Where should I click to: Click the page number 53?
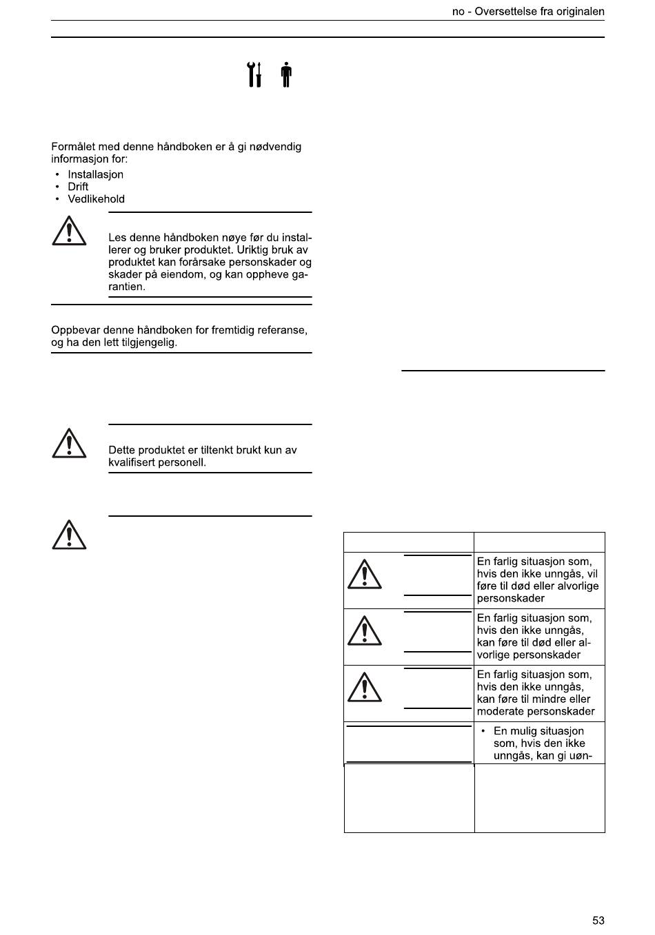[x=598, y=921]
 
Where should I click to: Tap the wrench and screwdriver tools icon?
[x=254, y=74]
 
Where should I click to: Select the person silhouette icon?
[x=286, y=74]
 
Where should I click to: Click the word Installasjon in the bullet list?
[x=95, y=174]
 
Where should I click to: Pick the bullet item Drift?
[x=78, y=187]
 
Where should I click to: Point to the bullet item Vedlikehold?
[x=96, y=199]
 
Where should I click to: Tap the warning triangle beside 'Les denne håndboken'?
[x=69, y=232]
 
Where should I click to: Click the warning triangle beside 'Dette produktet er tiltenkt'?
[x=69, y=444]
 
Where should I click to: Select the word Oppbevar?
[x=74, y=330]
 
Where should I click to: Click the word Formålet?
[x=74, y=147]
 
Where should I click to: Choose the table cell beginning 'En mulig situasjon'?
[x=539, y=743]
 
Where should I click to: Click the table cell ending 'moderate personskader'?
[x=539, y=693]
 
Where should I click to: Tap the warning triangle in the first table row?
[x=364, y=575]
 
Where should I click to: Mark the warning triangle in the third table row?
[x=364, y=688]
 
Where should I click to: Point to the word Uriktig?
[x=242, y=250]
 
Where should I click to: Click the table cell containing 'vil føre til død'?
[x=539, y=580]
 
